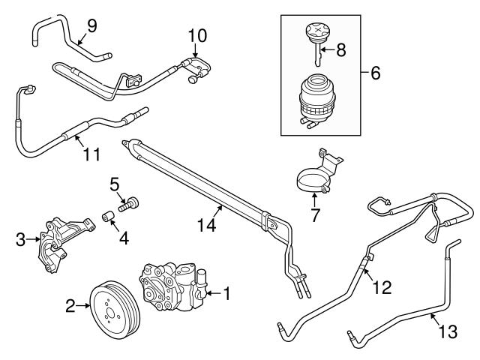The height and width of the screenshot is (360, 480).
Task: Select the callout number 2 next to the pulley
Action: (70, 305)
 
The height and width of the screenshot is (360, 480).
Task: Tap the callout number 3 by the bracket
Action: (20, 240)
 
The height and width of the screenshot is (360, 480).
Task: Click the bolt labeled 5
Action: (132, 201)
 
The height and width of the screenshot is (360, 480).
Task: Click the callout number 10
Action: (196, 34)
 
